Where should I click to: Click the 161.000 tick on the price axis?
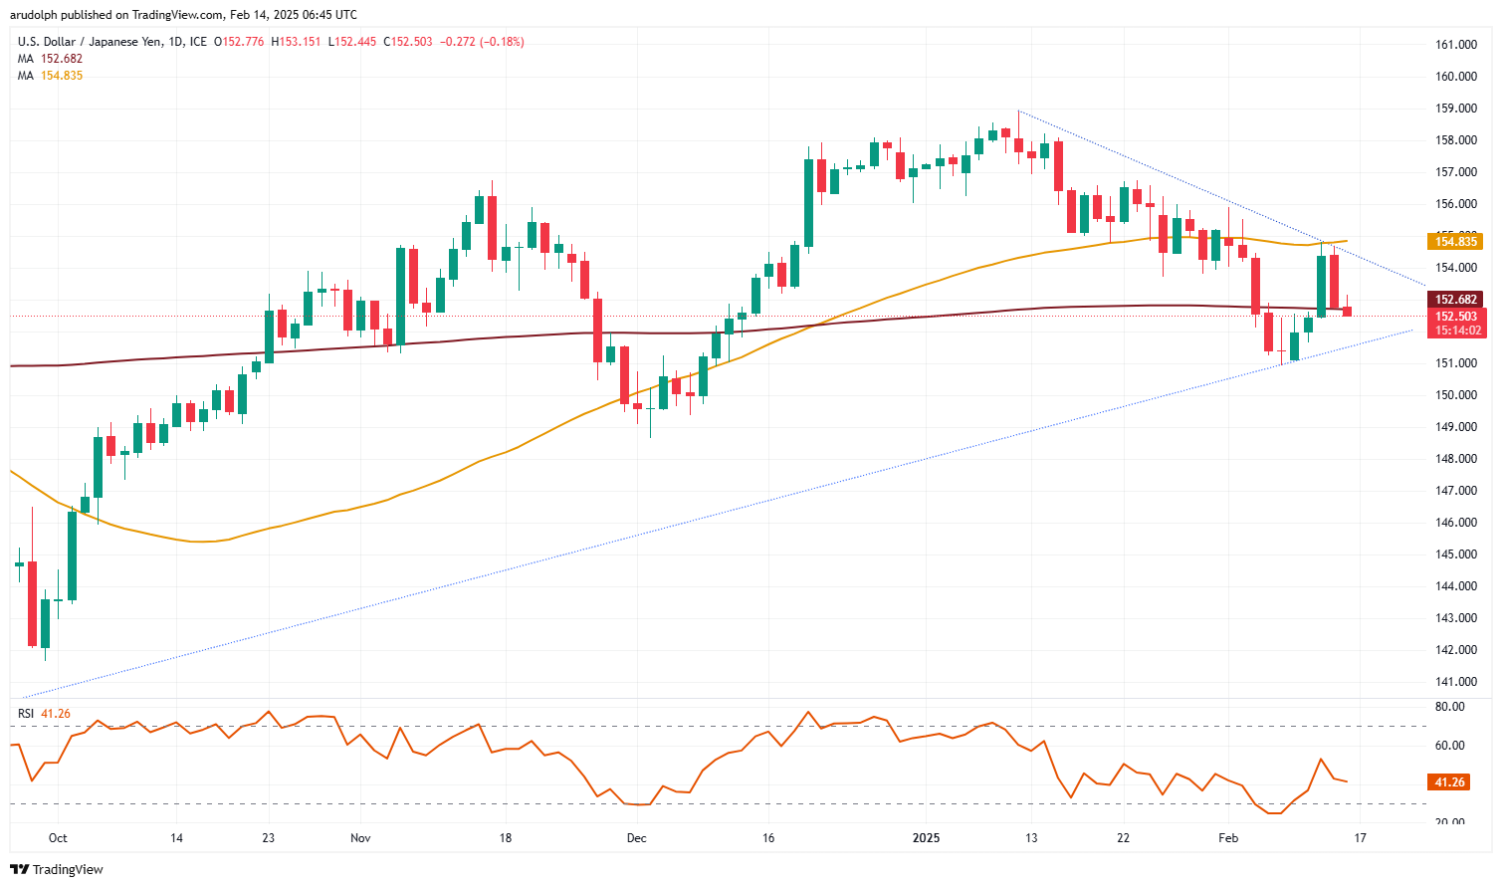tap(1455, 45)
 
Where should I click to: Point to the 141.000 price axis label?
tap(1455, 682)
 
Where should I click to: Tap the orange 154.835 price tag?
tap(1455, 242)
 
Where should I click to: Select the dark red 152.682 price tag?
tap(1455, 300)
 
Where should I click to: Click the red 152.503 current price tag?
tap(1455, 317)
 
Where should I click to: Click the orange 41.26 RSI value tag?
tap(1449, 782)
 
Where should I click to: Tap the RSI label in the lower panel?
tap(26, 714)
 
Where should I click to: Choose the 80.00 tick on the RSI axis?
tap(1450, 707)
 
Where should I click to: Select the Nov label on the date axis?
tap(360, 838)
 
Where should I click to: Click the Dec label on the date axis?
tap(636, 838)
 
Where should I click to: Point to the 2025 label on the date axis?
tap(926, 838)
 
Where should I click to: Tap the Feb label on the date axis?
tap(1228, 838)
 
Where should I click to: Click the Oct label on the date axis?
tap(58, 838)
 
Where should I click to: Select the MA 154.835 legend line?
tap(50, 76)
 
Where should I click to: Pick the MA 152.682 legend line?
tap(50, 59)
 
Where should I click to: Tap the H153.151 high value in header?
tap(296, 42)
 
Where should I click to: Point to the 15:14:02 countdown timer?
tap(1455, 331)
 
